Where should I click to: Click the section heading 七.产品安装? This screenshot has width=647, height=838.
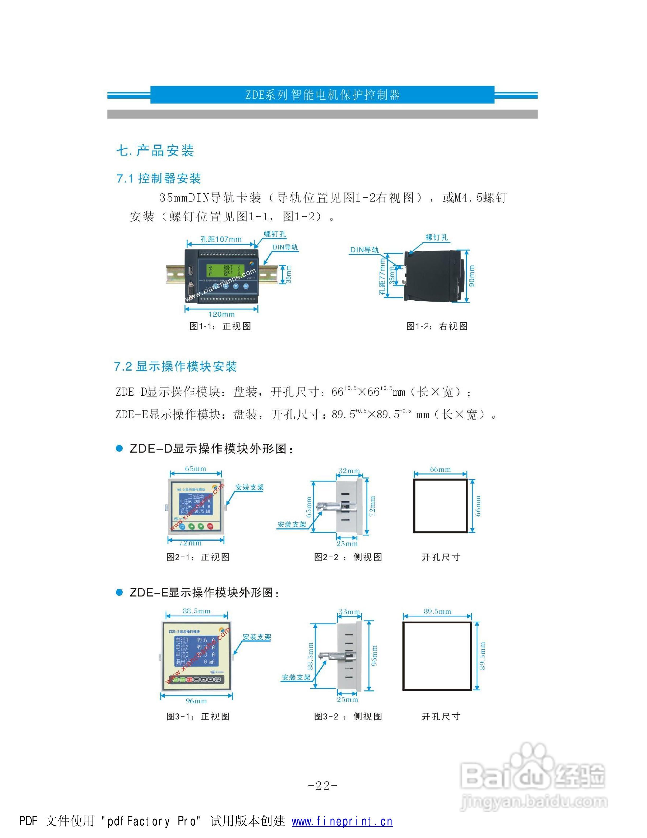pyautogui.click(x=155, y=151)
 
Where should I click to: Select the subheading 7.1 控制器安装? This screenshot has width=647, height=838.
pyautogui.click(x=159, y=179)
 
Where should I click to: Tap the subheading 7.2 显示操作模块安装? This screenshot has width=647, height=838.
pyautogui.click(x=175, y=366)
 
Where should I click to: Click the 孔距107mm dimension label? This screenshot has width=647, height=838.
pyautogui.click(x=221, y=239)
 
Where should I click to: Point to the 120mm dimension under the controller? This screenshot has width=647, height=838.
pyautogui.click(x=221, y=314)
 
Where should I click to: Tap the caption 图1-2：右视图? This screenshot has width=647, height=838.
pyautogui.click(x=437, y=326)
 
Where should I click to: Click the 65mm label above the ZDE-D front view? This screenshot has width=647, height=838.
pyautogui.click(x=196, y=468)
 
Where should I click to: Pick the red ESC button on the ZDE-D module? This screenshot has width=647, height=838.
pyautogui.click(x=210, y=526)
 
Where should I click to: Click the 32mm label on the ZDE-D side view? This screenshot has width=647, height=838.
pyautogui.click(x=349, y=470)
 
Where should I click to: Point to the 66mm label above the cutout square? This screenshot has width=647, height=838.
pyautogui.click(x=440, y=469)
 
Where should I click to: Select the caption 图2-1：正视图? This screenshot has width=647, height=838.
pyautogui.click(x=198, y=557)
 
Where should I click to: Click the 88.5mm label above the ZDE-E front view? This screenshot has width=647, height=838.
pyautogui.click(x=197, y=611)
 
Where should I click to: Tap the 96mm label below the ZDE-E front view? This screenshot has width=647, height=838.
pyautogui.click(x=196, y=701)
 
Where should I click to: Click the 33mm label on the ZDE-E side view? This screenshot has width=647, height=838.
pyautogui.click(x=349, y=612)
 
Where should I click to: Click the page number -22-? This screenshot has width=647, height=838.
pyautogui.click(x=323, y=786)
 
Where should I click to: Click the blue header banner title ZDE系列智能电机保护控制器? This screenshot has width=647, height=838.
pyautogui.click(x=323, y=95)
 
